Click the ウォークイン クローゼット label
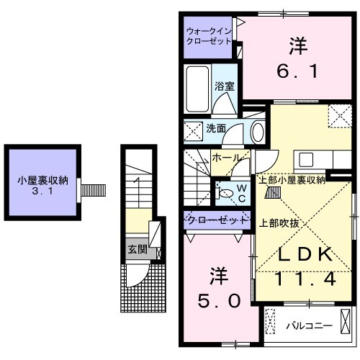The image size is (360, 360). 208,36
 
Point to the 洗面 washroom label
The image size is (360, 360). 216,128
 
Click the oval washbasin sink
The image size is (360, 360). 257,131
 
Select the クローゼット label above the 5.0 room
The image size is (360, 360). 217,218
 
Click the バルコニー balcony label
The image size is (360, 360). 309,325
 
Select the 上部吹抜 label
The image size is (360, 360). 279,222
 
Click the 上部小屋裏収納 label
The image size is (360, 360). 292,179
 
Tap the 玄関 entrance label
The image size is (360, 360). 137,250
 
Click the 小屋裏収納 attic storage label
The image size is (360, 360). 42,181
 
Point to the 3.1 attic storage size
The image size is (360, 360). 42,193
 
